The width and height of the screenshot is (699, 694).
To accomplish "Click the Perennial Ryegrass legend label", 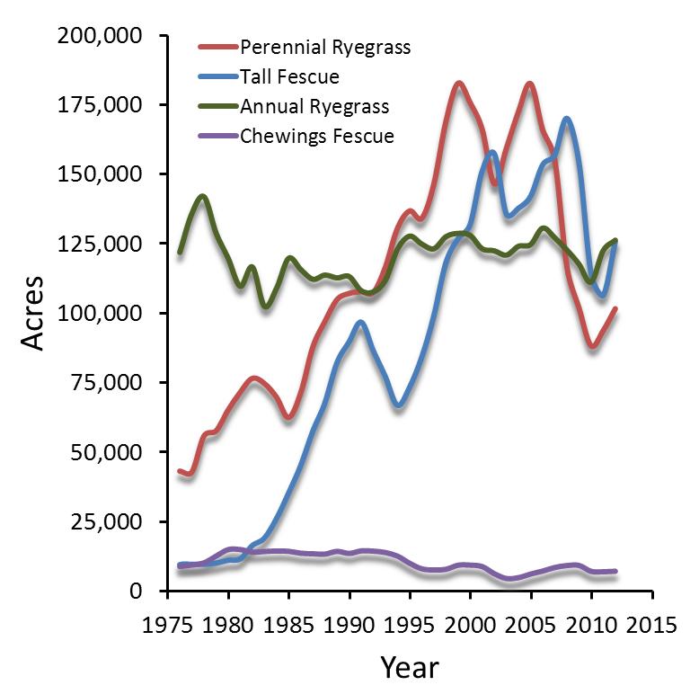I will coord(325,48).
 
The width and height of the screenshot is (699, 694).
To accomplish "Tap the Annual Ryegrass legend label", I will coord(314,107).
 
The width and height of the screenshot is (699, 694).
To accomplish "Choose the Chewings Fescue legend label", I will coord(317,137).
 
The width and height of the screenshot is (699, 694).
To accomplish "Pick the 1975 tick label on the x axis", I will coord(168,625).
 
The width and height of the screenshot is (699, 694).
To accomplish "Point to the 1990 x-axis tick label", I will coord(349,625).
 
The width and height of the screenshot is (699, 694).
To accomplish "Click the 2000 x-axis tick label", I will coord(471,625).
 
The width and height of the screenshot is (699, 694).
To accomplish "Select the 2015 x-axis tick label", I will coord(652,625).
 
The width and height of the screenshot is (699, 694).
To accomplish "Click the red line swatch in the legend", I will coord(217,47).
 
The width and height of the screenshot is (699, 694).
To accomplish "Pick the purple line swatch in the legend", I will coord(217,136).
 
